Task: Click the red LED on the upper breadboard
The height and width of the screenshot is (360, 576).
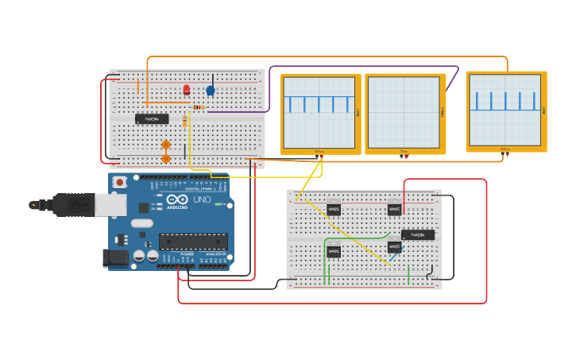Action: pyautogui.click(x=187, y=90)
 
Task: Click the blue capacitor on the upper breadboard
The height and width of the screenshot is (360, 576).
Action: pyautogui.click(x=211, y=91)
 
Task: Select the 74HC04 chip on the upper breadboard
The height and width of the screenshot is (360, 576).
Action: pyautogui.click(x=152, y=118)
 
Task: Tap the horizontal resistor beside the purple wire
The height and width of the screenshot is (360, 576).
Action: pyautogui.click(x=199, y=107)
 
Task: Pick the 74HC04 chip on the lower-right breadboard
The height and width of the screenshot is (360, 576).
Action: pyautogui.click(x=418, y=235)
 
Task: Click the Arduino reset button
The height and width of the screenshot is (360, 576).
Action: pyautogui.click(x=119, y=182)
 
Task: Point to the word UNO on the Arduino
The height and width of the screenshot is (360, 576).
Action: pyautogui.click(x=202, y=200)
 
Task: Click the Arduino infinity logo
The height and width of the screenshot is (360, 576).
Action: pyautogui.click(x=177, y=200)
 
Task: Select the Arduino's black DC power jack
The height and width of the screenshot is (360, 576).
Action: pyautogui.click(x=115, y=257)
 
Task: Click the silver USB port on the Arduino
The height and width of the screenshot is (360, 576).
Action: pyautogui.click(x=110, y=205)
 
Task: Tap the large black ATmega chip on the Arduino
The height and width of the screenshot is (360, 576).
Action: pyautogui.click(x=193, y=242)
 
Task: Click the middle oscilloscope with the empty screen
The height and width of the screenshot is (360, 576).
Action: pyautogui.click(x=404, y=113)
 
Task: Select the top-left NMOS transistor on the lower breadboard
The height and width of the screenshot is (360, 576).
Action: pyautogui.click(x=334, y=210)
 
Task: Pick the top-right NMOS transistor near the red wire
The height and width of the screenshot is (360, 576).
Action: pyautogui.click(x=394, y=210)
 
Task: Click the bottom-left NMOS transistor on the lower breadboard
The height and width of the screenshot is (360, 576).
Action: pyautogui.click(x=334, y=252)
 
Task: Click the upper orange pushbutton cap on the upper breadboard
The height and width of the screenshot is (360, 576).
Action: pyautogui.click(x=166, y=145)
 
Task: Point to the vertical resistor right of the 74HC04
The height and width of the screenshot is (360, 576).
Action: pyautogui.click(x=185, y=121)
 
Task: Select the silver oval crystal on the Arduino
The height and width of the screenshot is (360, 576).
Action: pyautogui.click(x=142, y=223)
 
